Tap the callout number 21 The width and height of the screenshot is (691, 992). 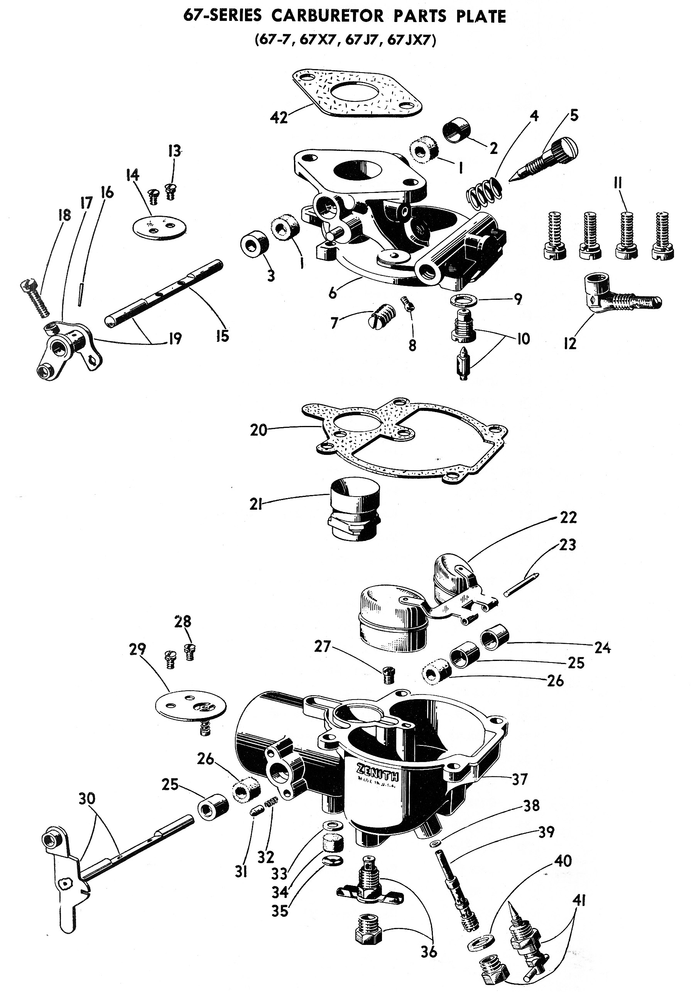(x=256, y=504)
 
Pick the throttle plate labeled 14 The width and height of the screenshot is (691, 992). (x=160, y=226)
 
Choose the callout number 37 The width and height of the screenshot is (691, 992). (x=520, y=779)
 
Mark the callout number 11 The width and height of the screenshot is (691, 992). (x=618, y=183)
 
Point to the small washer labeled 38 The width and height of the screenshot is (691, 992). (x=433, y=844)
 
